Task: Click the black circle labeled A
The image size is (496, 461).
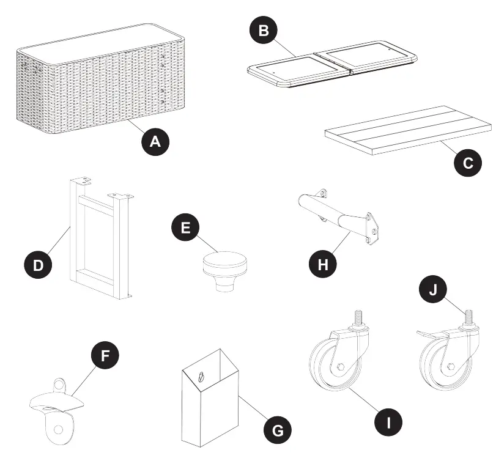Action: click(x=155, y=141)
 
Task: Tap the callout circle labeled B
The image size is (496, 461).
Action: click(x=264, y=31)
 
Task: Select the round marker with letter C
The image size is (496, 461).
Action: click(x=468, y=163)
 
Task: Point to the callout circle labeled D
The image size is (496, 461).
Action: click(x=38, y=265)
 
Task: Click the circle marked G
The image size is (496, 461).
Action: click(x=277, y=430)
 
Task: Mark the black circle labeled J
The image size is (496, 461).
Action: click(x=433, y=289)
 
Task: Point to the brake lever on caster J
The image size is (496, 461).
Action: click(x=428, y=333)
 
